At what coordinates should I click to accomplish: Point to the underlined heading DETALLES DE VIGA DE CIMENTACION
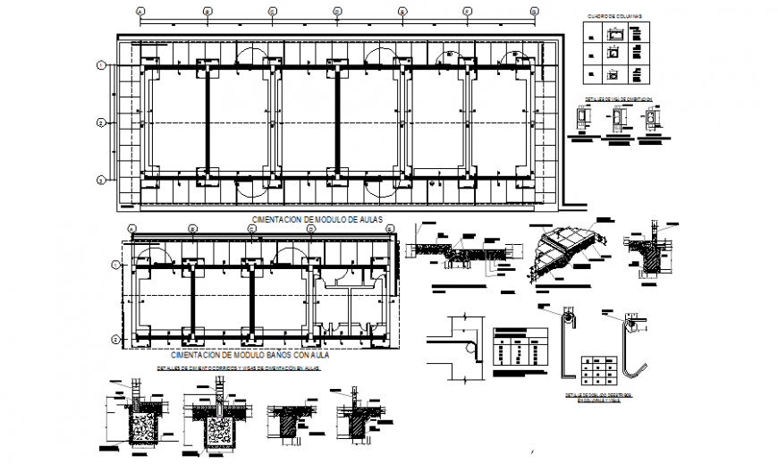pos(618,98)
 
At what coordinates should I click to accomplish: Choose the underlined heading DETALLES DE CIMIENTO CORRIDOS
pos(238,367)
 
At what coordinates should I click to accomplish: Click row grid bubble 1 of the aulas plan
pos(102,65)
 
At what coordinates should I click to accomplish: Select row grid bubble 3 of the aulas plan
pos(102,180)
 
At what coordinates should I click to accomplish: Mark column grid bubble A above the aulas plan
pos(140,12)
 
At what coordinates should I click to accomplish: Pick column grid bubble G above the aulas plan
pos(534,12)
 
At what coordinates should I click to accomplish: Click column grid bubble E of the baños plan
pos(392,229)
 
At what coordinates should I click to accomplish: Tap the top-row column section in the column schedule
pos(614,34)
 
